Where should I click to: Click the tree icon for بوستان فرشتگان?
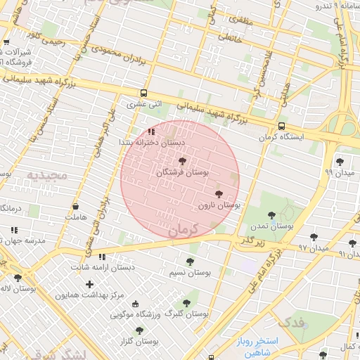(x=183, y=162)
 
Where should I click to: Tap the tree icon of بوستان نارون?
(x=218, y=193)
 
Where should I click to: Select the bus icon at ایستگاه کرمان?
(x=282, y=127)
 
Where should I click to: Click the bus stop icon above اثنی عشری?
(x=143, y=93)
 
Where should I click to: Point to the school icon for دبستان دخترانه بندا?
(x=151, y=131)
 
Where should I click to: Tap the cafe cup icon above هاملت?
(x=75, y=207)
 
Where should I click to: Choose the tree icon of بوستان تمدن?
(x=271, y=215)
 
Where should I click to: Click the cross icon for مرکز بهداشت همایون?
(x=89, y=284)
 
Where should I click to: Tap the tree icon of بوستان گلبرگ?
(x=186, y=303)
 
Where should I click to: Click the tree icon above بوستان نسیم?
(x=190, y=261)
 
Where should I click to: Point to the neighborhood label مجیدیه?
(x=48, y=174)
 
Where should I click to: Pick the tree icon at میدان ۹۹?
(x=340, y=162)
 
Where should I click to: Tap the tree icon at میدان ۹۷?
(x=313, y=237)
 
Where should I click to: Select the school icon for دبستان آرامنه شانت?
(x=103, y=257)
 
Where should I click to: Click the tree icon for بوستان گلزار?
(x=137, y=330)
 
